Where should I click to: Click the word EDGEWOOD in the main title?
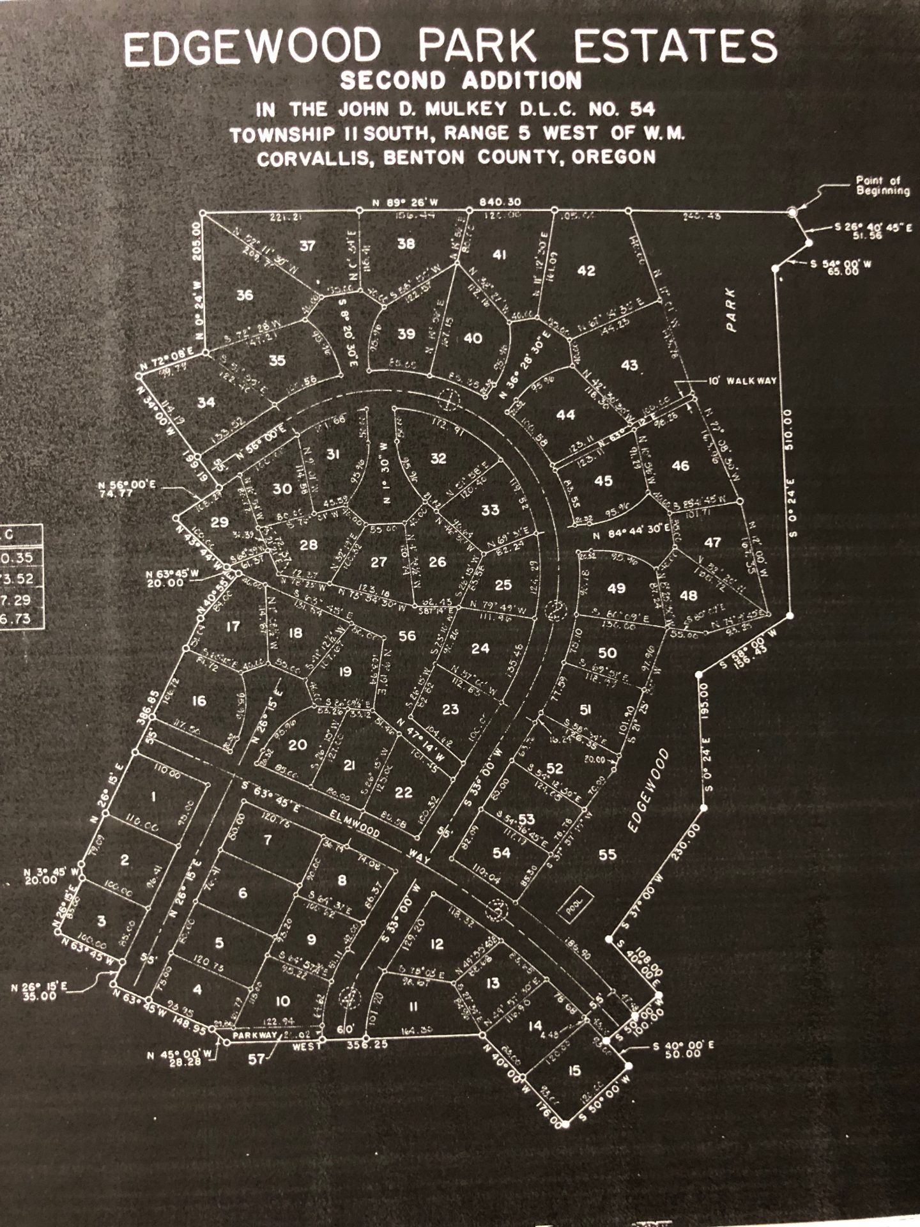coord(252,49)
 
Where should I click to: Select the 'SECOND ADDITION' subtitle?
coord(461,81)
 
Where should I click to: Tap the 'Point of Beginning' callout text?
coord(882,186)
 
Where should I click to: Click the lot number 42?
coord(586,270)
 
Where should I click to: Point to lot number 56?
coord(407,635)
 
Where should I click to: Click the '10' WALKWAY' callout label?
coord(742,380)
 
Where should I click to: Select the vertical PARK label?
coord(731,309)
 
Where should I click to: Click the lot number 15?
coord(574,1070)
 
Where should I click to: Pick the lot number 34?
coord(206,403)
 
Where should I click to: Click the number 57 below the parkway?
coord(257,1059)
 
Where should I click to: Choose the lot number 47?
coord(712,543)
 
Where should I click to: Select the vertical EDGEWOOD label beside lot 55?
coord(647,791)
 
